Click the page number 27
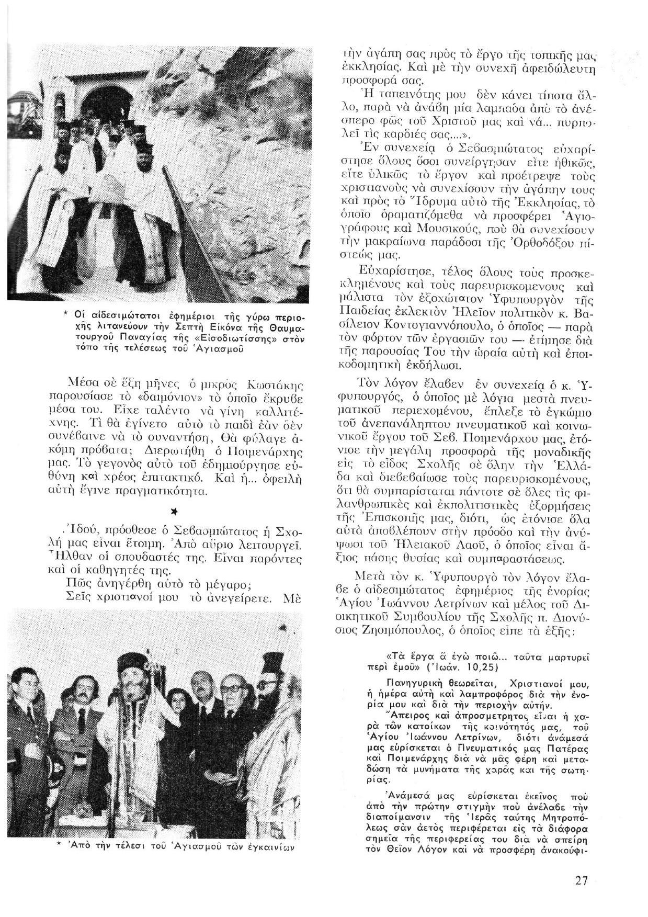582,880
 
